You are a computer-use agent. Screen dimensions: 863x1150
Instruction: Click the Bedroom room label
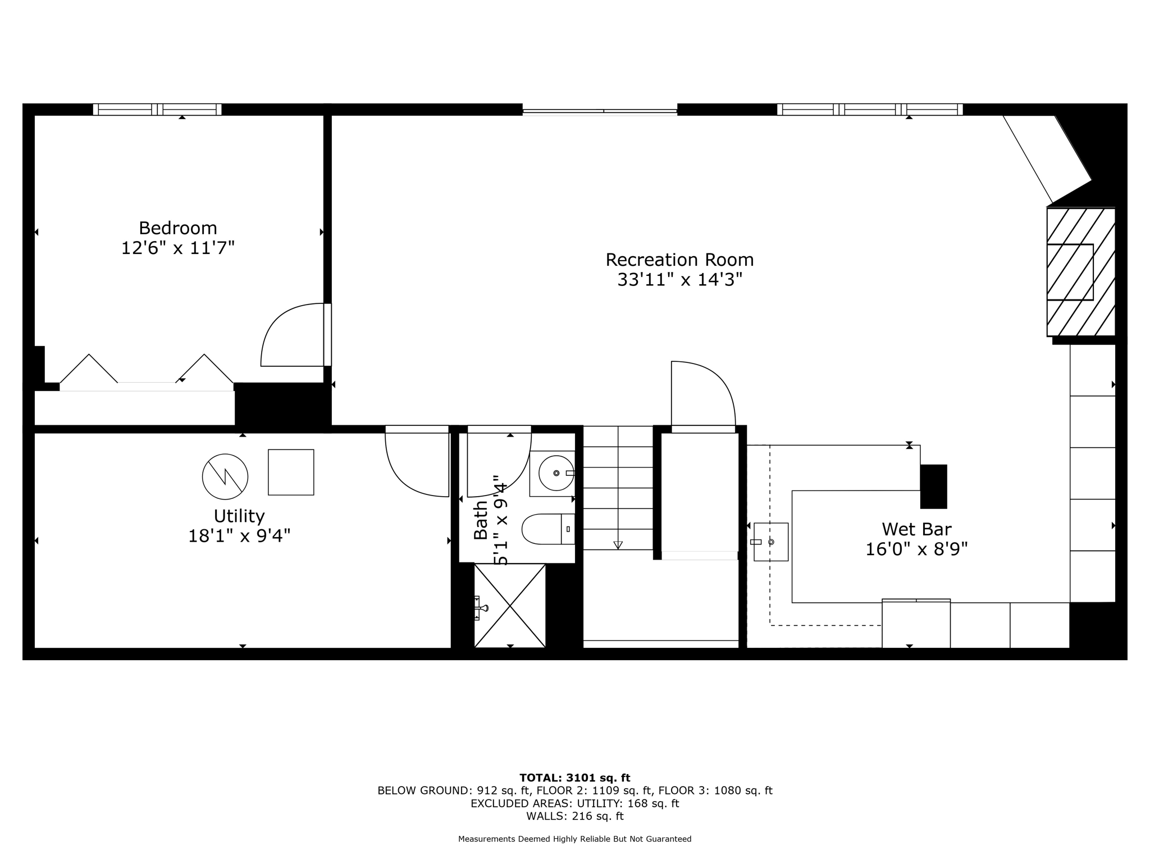coord(177,228)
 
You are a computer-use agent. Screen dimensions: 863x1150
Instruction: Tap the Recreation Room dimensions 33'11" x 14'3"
coord(679,280)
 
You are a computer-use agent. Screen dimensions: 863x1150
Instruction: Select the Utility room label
coord(239,516)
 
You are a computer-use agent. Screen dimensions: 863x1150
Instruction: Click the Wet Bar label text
coord(916,529)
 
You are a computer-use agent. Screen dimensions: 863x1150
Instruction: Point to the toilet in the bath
coord(547,529)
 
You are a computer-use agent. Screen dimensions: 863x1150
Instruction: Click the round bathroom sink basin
coord(556,473)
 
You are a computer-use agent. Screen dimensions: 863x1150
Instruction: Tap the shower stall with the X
coord(510,606)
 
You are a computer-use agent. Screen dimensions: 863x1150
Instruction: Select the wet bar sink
coord(771,542)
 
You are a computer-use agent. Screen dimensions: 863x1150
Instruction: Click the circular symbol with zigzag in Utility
coord(225,476)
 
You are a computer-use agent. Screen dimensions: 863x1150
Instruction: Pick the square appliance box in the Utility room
coord(291,473)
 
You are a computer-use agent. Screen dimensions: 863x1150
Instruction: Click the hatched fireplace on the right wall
coord(1080,272)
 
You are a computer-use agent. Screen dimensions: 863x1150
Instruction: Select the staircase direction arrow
coord(618,544)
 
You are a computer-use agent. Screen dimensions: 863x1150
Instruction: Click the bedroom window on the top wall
coord(157,109)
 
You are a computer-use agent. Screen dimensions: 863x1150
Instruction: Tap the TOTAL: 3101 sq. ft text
coord(574,778)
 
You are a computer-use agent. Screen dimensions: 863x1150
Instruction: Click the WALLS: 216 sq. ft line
coord(574,816)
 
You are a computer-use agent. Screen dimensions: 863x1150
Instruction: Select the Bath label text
coord(481,520)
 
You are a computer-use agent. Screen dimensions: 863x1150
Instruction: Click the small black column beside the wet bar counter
coord(933,486)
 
